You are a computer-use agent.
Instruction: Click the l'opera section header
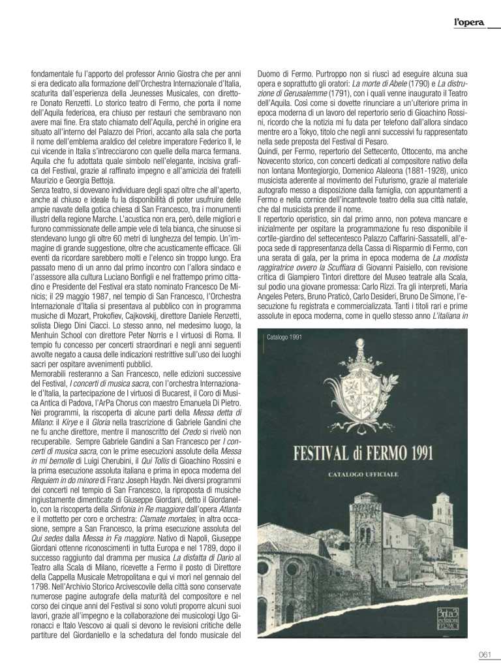[x=469, y=23]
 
